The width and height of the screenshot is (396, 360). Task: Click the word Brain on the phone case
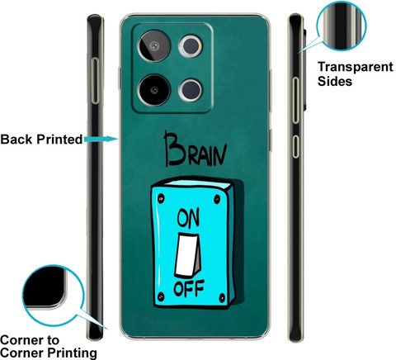(x=196, y=149)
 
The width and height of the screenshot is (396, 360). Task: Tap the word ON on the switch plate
(x=188, y=218)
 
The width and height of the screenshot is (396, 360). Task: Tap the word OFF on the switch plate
(x=189, y=288)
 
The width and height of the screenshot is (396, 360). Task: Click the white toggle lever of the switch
(x=188, y=255)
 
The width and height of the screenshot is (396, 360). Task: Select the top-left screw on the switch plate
(x=161, y=198)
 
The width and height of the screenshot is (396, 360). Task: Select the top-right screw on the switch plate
(x=217, y=199)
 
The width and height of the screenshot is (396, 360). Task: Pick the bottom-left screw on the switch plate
(x=161, y=296)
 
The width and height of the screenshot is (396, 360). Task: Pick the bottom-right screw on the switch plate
(x=222, y=298)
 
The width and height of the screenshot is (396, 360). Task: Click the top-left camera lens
(x=154, y=46)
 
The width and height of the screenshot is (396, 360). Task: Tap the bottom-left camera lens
(x=154, y=90)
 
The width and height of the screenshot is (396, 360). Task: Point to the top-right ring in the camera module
(x=191, y=46)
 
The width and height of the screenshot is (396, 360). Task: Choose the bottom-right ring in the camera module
(x=191, y=90)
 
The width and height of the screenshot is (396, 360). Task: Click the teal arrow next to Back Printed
(x=101, y=139)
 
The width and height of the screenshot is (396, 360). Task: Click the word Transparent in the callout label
(x=356, y=67)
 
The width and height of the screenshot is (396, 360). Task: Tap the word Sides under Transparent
(x=335, y=81)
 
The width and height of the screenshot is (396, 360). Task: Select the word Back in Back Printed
(x=16, y=139)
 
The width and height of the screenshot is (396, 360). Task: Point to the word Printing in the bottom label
(x=72, y=353)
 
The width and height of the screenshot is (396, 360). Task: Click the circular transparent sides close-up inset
(x=342, y=26)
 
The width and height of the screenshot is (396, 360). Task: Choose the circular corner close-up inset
(x=53, y=296)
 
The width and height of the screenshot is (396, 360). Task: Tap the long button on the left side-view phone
(x=96, y=81)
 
